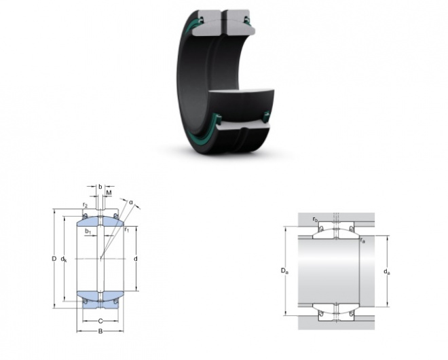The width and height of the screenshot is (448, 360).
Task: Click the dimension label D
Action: pyautogui.click(x=54, y=259)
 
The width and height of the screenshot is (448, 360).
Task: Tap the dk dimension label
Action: pyautogui.click(x=64, y=259)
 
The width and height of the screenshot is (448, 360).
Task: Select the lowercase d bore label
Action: pyautogui.click(x=136, y=259)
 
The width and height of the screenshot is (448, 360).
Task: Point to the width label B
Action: pyautogui.click(x=100, y=331)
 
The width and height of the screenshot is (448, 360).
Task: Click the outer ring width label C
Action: pyautogui.click(x=100, y=321)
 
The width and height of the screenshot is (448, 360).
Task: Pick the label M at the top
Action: pyautogui.click(x=109, y=193)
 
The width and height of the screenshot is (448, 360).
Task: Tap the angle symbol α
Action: pyautogui.click(x=131, y=202)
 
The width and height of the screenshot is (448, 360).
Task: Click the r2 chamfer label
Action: pyautogui.click(x=85, y=204)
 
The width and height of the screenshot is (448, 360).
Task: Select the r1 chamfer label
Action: pyautogui.click(x=126, y=230)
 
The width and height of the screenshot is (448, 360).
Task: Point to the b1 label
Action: pyautogui.click(x=88, y=231)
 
